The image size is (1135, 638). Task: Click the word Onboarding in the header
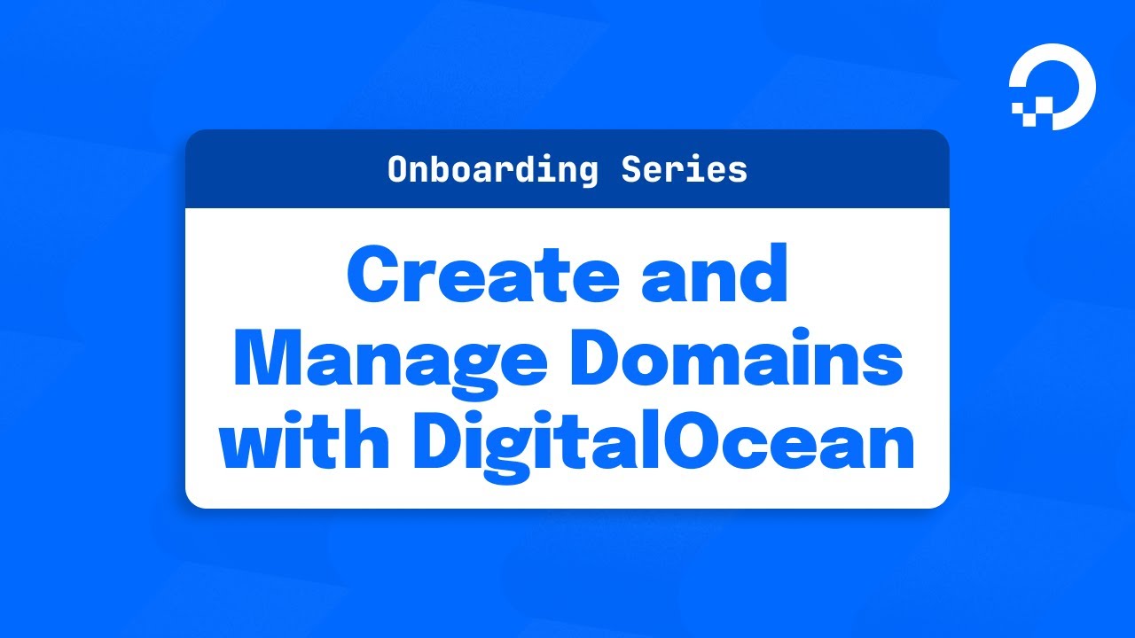point(493,169)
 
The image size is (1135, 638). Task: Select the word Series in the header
point(684,169)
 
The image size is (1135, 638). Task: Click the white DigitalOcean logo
point(1053,86)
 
